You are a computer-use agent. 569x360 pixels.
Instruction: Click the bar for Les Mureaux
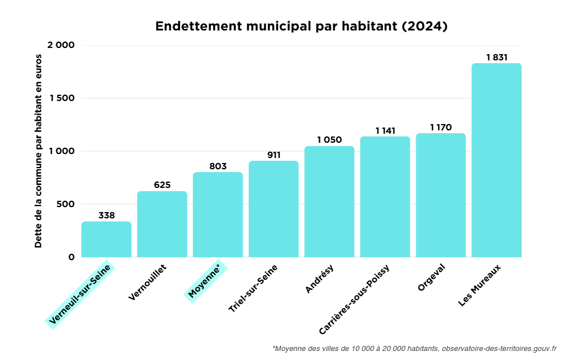tap(496, 160)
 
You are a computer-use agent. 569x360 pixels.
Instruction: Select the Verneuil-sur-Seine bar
tap(106, 239)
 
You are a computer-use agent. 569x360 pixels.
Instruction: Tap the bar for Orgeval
tap(440, 195)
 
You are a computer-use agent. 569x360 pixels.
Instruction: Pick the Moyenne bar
tap(218, 214)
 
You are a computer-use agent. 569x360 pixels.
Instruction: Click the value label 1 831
tap(497, 57)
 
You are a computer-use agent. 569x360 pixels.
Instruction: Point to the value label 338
tap(107, 215)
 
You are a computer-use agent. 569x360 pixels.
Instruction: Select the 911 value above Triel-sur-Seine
tap(274, 155)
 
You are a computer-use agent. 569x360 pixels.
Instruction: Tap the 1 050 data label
tap(329, 140)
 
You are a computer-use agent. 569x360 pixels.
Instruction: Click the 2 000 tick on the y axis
tap(61, 45)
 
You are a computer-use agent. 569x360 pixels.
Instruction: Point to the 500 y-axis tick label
tap(65, 204)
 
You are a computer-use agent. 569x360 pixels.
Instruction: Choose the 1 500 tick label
tap(61, 98)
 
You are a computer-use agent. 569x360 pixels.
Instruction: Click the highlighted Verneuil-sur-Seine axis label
tap(80, 295)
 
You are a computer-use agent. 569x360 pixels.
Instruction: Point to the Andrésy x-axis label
tap(319, 279)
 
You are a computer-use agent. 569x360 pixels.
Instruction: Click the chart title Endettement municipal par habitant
tap(301, 26)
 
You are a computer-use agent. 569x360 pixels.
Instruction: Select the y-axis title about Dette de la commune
tap(38, 151)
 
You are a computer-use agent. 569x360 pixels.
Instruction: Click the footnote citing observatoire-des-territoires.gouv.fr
tap(414, 348)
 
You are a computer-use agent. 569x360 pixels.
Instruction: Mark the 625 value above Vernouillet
tap(162, 185)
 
